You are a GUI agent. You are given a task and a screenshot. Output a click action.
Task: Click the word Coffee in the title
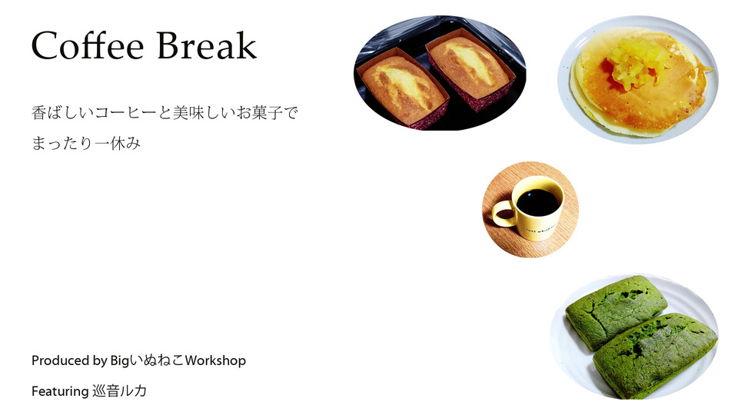88,45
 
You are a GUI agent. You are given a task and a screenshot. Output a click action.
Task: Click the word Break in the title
207,45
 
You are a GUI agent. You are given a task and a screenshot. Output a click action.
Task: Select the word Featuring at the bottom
60,391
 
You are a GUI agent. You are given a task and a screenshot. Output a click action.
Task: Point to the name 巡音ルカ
120,391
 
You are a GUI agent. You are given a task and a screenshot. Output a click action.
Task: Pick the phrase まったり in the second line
62,143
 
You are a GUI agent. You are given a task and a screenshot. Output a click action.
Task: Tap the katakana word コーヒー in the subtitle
125,113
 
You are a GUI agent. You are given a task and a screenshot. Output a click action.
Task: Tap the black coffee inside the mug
537,203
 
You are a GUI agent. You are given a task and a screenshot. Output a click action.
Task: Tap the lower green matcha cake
655,354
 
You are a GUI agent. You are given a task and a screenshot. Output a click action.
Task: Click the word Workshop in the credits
215,360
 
